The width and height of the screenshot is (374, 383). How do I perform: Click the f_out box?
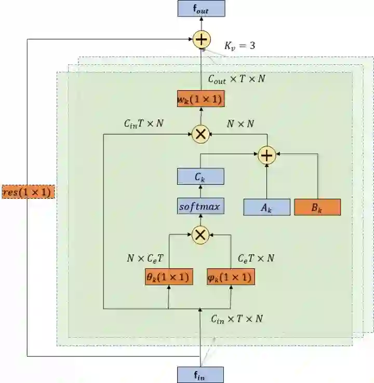tap(201, 8)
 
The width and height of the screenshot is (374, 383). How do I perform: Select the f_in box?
tap(201, 375)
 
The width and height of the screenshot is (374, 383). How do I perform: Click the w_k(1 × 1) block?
tap(201, 99)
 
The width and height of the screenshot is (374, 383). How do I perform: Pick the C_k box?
tap(201, 176)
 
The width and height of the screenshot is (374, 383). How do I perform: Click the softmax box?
tap(201, 207)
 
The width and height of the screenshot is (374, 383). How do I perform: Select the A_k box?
tap(266, 207)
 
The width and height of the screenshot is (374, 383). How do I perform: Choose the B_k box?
tap(317, 207)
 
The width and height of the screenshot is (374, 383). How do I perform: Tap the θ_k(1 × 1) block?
tap(168, 277)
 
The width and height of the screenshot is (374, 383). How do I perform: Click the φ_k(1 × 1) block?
tap(230, 277)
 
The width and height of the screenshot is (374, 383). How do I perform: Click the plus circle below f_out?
tap(201, 39)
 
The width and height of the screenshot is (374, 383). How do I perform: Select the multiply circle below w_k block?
tap(201, 134)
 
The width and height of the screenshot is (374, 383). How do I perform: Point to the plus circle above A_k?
tap(266, 154)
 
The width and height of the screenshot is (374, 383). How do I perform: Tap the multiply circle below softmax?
tap(201, 235)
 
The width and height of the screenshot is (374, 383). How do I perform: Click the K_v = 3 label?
tap(239, 46)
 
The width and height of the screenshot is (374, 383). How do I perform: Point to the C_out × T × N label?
tap(237, 79)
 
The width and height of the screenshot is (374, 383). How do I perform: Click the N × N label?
tap(241, 124)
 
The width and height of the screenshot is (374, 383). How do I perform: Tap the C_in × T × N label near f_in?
tap(236, 318)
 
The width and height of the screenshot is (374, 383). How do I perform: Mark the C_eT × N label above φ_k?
tap(256, 258)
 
